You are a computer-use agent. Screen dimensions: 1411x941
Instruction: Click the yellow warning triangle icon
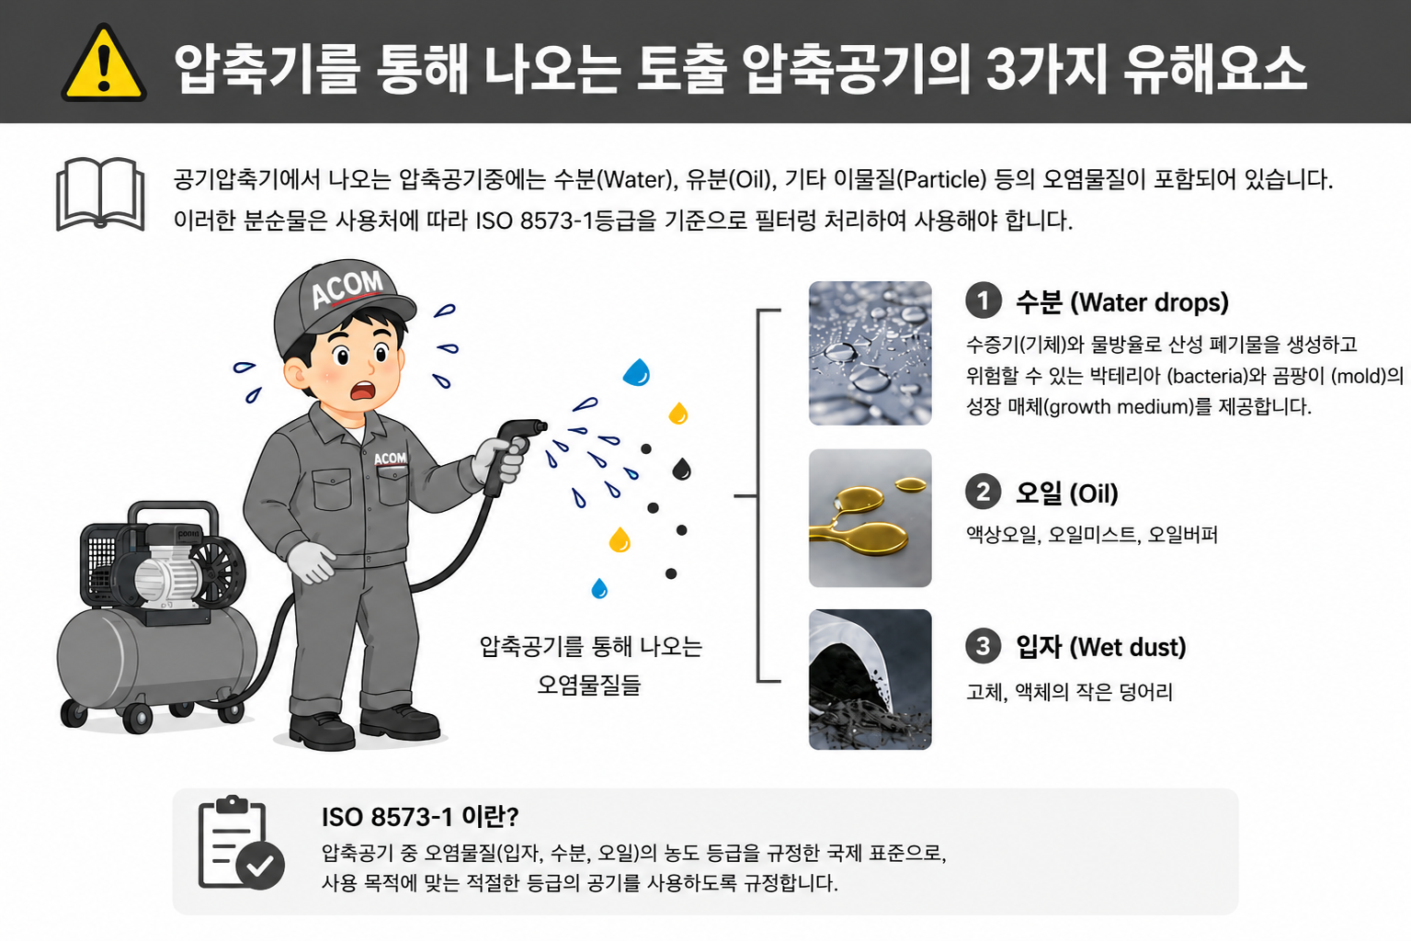(104, 64)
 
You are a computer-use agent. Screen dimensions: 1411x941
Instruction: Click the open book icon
(101, 194)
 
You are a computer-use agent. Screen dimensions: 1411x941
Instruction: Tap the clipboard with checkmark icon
(240, 843)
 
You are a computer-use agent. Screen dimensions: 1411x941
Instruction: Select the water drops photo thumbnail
(870, 354)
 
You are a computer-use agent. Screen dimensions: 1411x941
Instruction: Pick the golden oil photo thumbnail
(870, 517)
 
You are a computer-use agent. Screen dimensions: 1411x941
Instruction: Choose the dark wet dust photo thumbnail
(870, 680)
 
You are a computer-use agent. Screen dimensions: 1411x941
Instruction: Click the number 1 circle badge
(984, 301)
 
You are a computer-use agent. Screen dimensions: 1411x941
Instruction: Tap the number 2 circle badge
(984, 492)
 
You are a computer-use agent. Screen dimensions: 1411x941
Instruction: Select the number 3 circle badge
(984, 646)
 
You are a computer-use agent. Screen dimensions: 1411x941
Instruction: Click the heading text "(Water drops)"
(1150, 302)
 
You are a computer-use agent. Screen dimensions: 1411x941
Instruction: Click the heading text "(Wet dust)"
(1128, 647)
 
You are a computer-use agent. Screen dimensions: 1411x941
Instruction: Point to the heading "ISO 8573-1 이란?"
(420, 817)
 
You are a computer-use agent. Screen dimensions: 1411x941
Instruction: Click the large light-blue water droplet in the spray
(637, 372)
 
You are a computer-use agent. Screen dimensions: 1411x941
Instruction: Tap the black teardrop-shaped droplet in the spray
(681, 469)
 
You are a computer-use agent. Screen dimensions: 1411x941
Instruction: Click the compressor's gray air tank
(157, 655)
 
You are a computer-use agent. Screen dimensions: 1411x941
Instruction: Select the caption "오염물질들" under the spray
(589, 684)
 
